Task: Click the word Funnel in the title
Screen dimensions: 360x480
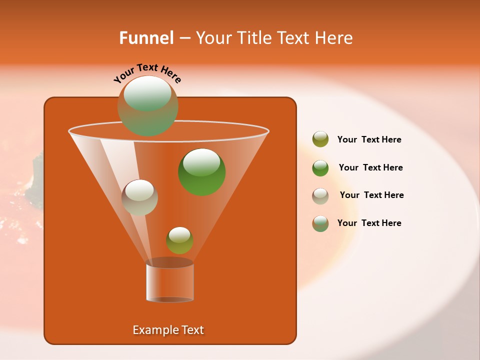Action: pyautogui.click(x=146, y=38)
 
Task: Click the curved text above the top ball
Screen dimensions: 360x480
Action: pyautogui.click(x=147, y=73)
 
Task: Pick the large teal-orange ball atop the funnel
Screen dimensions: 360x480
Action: pyautogui.click(x=147, y=106)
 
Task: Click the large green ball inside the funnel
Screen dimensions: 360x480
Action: pyautogui.click(x=202, y=171)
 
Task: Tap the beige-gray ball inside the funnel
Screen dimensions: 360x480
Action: pyautogui.click(x=140, y=197)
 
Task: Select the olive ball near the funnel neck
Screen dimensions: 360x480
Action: pyautogui.click(x=179, y=240)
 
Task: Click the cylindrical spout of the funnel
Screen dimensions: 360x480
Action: pyautogui.click(x=169, y=282)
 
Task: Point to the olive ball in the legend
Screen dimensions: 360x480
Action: pyautogui.click(x=320, y=139)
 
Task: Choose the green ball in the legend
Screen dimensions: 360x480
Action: pyautogui.click(x=320, y=168)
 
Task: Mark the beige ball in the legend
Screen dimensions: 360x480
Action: pyautogui.click(x=320, y=196)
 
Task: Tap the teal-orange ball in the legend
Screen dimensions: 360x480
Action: pyautogui.click(x=320, y=223)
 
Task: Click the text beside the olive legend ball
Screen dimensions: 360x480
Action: pyautogui.click(x=369, y=140)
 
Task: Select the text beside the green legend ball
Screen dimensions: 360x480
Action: pyautogui.click(x=370, y=168)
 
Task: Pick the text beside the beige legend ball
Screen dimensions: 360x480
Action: pyautogui.click(x=371, y=195)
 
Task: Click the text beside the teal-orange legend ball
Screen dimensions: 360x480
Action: pyautogui.click(x=369, y=223)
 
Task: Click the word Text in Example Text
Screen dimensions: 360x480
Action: pyautogui.click(x=192, y=330)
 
